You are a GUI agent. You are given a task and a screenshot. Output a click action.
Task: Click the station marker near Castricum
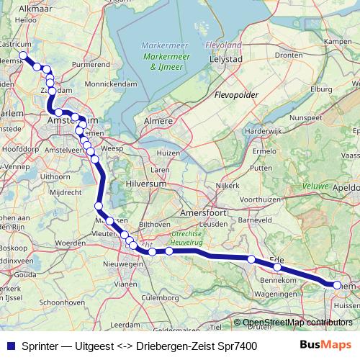point(23,55)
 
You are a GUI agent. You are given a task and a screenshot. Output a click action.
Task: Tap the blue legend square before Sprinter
point(10,346)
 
